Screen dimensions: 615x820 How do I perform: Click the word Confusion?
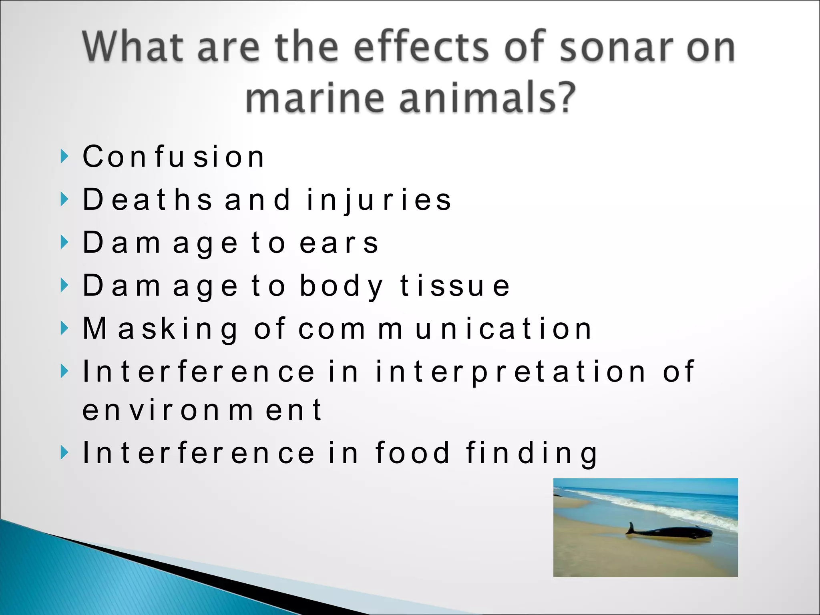[x=173, y=157]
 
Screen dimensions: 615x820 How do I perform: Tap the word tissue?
[x=455, y=286]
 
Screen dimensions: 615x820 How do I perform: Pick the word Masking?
[x=160, y=329]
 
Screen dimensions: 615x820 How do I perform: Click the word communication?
[x=444, y=329]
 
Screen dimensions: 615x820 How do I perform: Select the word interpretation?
[x=510, y=372]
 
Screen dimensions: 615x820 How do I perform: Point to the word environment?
[x=202, y=410]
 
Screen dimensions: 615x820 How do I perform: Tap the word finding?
[x=532, y=454]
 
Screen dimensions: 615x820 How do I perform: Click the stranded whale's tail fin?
[x=631, y=528]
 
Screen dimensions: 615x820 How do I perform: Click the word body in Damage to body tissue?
[x=341, y=286]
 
